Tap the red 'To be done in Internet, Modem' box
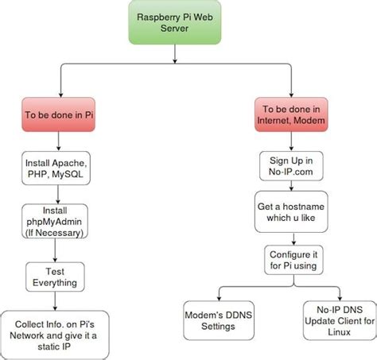(x=291, y=114)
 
